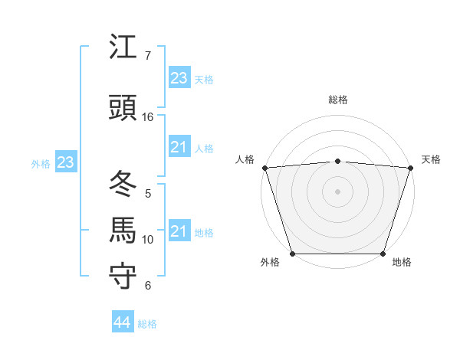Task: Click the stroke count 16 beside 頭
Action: click(148, 117)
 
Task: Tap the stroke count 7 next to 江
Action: click(148, 56)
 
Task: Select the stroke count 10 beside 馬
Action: click(148, 240)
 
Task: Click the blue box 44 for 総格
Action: click(122, 322)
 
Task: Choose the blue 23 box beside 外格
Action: click(65, 162)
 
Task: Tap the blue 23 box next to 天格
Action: click(179, 78)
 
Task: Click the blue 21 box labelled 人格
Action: click(179, 147)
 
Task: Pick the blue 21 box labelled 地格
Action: click(179, 231)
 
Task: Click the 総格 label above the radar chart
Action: click(338, 100)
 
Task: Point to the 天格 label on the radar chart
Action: click(431, 159)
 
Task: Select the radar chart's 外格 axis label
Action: click(270, 262)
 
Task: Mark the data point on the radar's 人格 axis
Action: click(264, 168)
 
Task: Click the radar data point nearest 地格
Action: click(383, 254)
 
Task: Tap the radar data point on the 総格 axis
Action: click(338, 161)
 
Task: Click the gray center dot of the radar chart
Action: click(338, 191)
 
